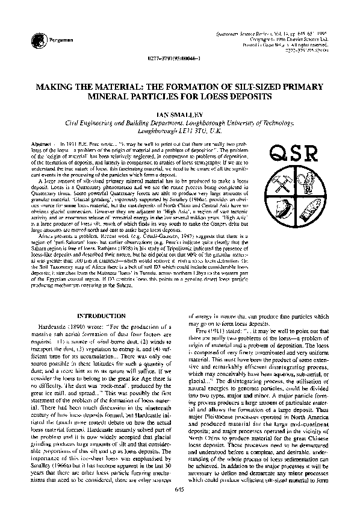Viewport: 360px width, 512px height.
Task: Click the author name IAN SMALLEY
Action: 179,113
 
